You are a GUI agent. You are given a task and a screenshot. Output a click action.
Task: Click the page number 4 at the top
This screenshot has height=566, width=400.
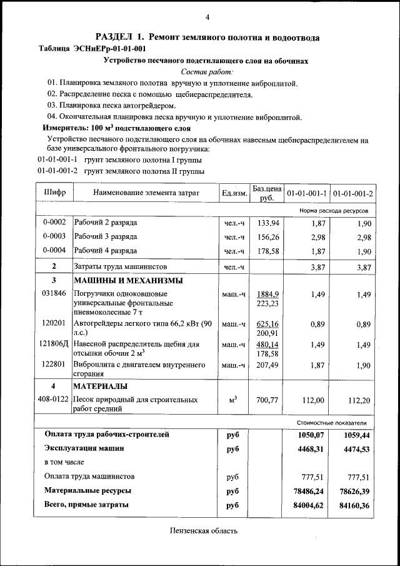[x=207, y=16]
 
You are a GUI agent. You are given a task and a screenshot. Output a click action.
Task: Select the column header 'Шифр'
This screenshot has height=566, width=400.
[x=54, y=193]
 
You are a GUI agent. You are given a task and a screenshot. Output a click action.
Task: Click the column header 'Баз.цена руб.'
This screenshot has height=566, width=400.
[x=267, y=193]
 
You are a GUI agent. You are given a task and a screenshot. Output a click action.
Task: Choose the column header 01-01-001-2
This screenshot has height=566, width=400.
[x=352, y=193]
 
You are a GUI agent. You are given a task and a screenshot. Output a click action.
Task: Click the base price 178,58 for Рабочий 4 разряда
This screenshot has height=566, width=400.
[x=267, y=251]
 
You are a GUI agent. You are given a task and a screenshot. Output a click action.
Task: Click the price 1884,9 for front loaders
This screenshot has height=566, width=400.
[x=267, y=294]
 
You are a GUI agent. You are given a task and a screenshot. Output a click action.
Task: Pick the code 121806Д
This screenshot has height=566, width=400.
[x=54, y=345]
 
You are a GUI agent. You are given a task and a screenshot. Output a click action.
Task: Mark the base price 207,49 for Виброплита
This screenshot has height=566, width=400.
[x=267, y=365]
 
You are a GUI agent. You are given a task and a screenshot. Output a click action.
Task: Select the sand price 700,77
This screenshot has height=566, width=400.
[x=267, y=400]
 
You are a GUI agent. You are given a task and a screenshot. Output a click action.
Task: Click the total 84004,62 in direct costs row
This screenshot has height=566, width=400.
[x=306, y=505]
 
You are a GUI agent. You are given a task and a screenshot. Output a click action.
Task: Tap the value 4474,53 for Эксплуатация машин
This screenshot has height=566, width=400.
[x=355, y=448]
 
